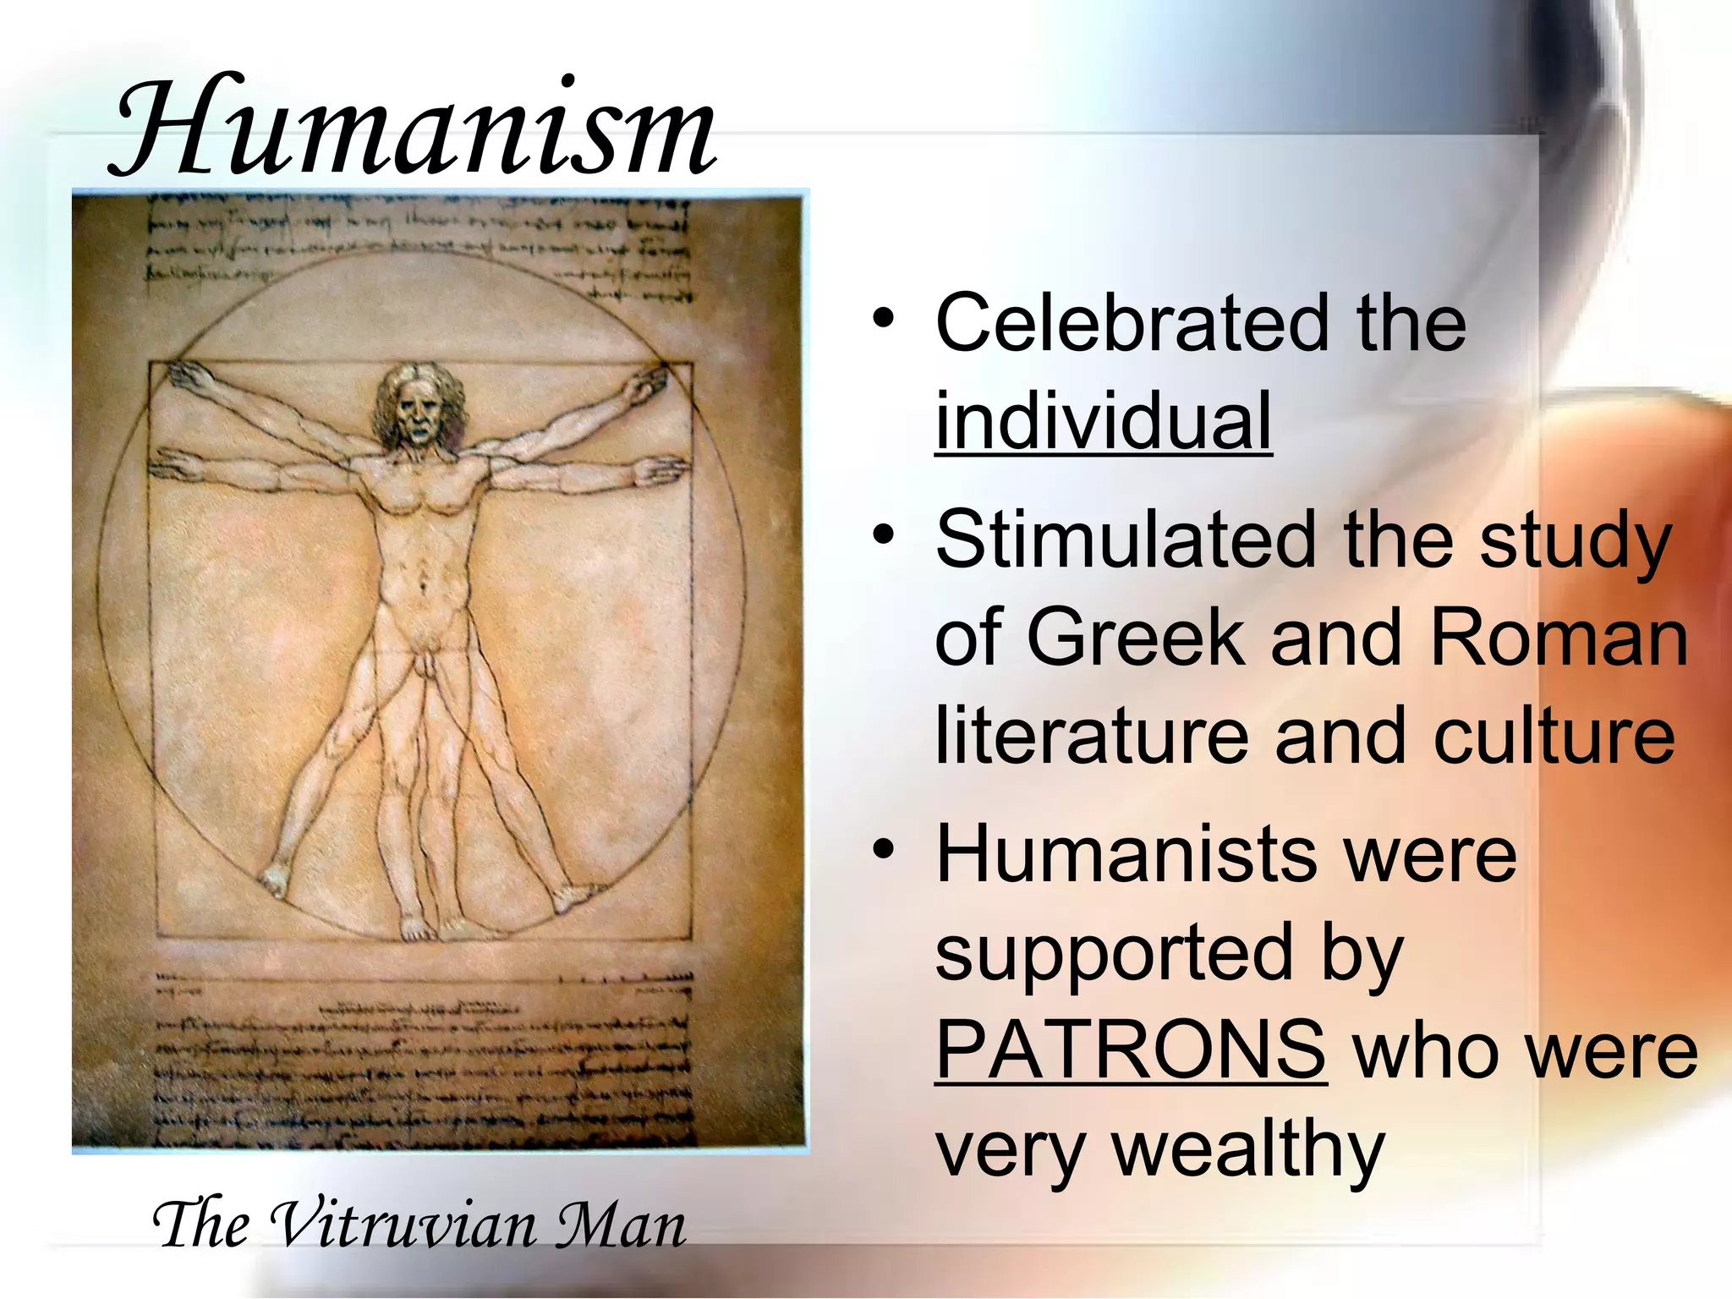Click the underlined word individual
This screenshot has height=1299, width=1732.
tap(1103, 420)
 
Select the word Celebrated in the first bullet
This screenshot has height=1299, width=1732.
tap(1132, 323)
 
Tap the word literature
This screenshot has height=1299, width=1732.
tap(1091, 735)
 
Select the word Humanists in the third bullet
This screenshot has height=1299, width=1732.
tap(1126, 854)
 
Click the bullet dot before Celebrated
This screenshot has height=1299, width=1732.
tap(884, 318)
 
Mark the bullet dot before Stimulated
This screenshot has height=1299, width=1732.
tap(884, 534)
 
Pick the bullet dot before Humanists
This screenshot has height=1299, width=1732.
tap(884, 849)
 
